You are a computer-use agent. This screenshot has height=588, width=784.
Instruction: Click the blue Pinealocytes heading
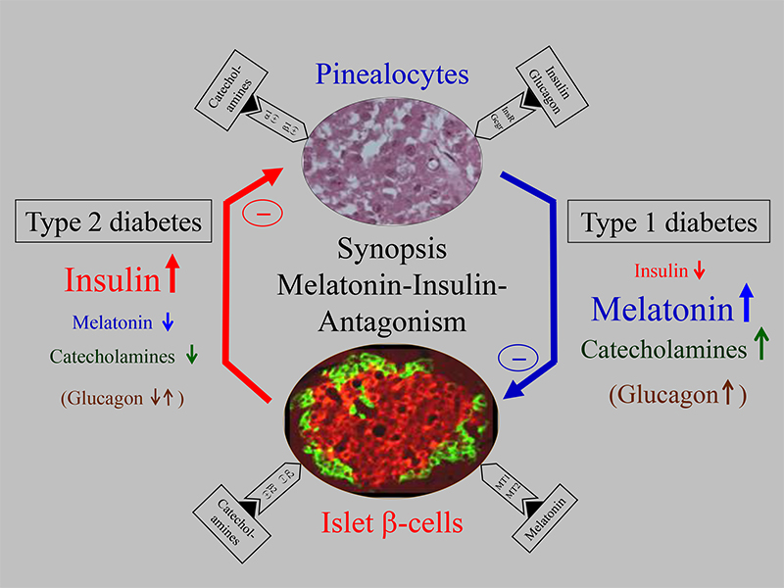point(391,74)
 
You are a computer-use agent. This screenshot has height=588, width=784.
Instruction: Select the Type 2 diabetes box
point(115,222)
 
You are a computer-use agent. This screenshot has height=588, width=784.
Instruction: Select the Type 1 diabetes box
point(669,222)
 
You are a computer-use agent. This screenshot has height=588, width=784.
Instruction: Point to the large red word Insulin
point(112,280)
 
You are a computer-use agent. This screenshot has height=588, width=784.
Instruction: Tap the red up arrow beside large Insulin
point(172,277)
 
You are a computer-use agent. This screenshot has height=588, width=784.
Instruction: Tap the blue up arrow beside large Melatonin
point(746,306)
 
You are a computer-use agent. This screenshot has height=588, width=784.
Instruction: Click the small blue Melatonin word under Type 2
point(112,322)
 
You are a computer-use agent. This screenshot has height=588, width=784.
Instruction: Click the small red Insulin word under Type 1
point(661,271)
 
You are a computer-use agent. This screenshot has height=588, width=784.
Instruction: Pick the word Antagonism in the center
point(391,320)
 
